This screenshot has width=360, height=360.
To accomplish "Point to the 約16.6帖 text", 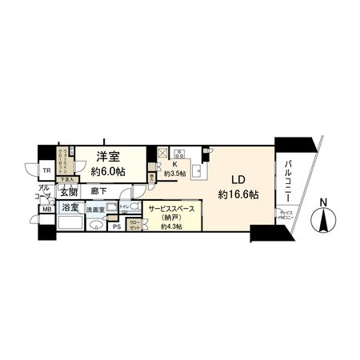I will coord(238,194).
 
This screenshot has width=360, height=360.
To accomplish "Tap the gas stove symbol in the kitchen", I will coord(180,153).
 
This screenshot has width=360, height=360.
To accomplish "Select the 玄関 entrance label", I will coord(67,192).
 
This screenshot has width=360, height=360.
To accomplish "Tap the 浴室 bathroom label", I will coord(69,207).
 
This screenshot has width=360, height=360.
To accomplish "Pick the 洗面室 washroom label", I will coord(97,209).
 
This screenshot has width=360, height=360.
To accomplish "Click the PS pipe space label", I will coord(117,226).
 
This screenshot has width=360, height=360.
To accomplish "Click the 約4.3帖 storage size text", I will coord(171,226).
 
